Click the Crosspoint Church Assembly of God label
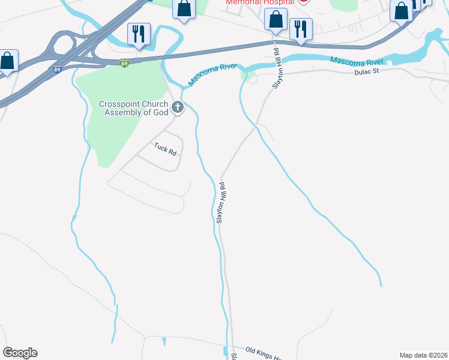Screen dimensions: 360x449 134,108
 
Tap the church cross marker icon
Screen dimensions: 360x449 177,108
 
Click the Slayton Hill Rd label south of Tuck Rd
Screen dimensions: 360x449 220,203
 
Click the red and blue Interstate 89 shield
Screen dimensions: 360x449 57,70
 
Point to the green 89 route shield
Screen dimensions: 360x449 124,63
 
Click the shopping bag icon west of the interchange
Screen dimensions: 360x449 7,61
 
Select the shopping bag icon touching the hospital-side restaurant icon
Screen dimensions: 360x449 276,19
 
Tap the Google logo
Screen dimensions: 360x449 20,353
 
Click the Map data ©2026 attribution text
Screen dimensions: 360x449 423,355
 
